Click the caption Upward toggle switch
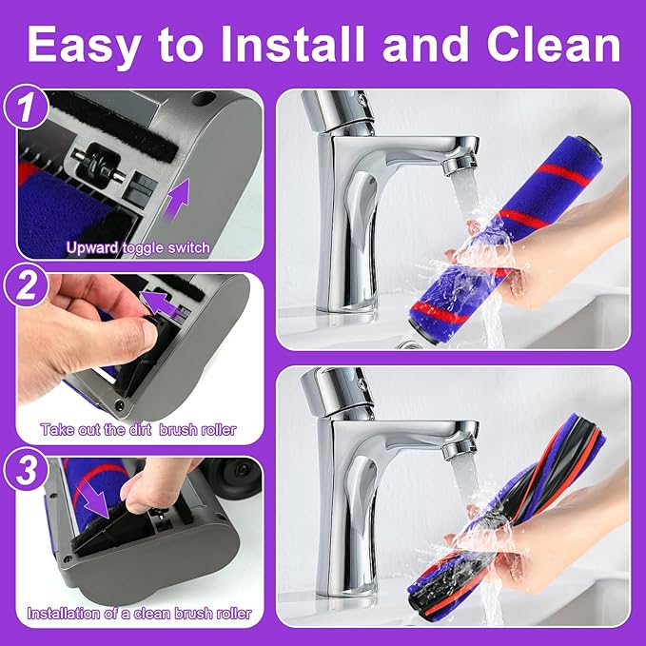[138, 248]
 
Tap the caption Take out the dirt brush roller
[138, 429]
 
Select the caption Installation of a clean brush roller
[139, 614]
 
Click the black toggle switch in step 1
[93, 166]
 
